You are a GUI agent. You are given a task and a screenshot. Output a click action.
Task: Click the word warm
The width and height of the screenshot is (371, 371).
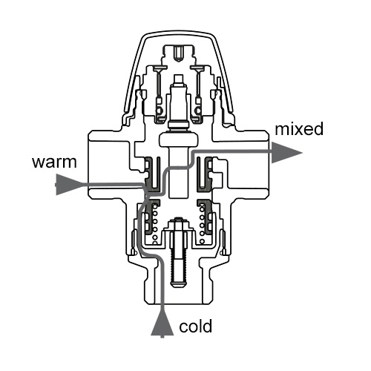[54, 162]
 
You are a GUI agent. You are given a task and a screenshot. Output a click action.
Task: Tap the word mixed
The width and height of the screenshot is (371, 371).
[299, 128]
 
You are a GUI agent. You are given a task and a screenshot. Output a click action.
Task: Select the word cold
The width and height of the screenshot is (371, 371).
[196, 326]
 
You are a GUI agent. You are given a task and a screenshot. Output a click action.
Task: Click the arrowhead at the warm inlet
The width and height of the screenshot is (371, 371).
[69, 185]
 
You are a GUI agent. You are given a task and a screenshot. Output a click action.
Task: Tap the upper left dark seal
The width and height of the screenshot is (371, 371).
[151, 174]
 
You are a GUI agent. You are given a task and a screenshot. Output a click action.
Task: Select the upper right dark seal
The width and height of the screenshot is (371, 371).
[204, 174]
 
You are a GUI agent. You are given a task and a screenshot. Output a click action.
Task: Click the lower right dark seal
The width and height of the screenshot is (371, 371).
[205, 217]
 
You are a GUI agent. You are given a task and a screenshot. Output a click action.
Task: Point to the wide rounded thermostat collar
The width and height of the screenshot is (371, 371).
[179, 139]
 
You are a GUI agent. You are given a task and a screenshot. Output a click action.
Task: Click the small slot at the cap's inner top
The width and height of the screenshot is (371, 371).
[178, 53]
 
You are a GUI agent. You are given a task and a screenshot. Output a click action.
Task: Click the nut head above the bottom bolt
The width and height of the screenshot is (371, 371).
[177, 223]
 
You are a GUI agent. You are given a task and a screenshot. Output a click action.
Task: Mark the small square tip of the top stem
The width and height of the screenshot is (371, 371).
[178, 79]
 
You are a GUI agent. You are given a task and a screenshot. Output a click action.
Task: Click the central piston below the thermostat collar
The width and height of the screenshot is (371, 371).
[179, 172]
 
